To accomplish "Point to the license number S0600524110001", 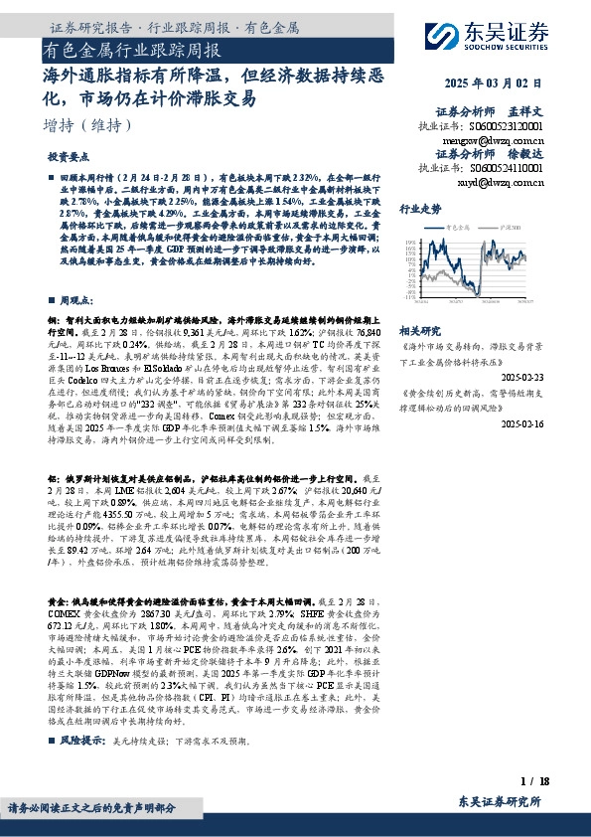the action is click(x=508, y=169).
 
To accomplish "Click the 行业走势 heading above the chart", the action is click(x=420, y=210).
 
